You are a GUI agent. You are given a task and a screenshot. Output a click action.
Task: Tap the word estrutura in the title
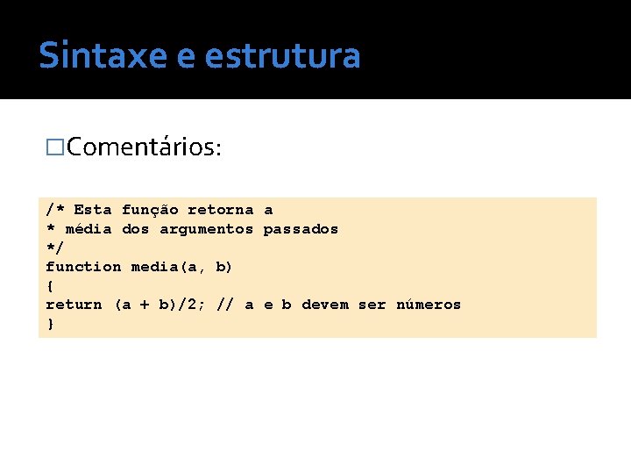click(282, 55)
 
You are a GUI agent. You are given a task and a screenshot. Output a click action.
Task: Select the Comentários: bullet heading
click(144, 147)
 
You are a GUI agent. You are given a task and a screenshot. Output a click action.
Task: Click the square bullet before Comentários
click(55, 147)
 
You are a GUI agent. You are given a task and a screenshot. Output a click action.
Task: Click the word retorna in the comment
click(221, 210)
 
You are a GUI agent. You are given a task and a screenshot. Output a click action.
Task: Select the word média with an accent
click(89, 229)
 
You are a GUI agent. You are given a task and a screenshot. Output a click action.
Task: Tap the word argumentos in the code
click(206, 229)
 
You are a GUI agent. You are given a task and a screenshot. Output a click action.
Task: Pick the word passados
click(301, 229)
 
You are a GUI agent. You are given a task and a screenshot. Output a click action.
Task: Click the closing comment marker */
click(55, 248)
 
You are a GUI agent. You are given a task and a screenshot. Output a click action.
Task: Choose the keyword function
click(83, 267)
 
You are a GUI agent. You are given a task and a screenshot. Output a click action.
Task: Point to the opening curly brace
click(50, 286)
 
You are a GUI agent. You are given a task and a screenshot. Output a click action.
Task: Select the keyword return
click(74, 305)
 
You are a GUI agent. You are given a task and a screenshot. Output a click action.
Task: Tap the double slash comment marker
click(225, 305)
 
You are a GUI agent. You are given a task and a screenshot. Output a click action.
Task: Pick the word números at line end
click(429, 305)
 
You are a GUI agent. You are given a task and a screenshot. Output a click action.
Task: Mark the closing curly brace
click(50, 324)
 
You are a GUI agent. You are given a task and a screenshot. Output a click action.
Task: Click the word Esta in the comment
click(93, 210)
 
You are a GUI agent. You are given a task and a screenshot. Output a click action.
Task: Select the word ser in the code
click(372, 305)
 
